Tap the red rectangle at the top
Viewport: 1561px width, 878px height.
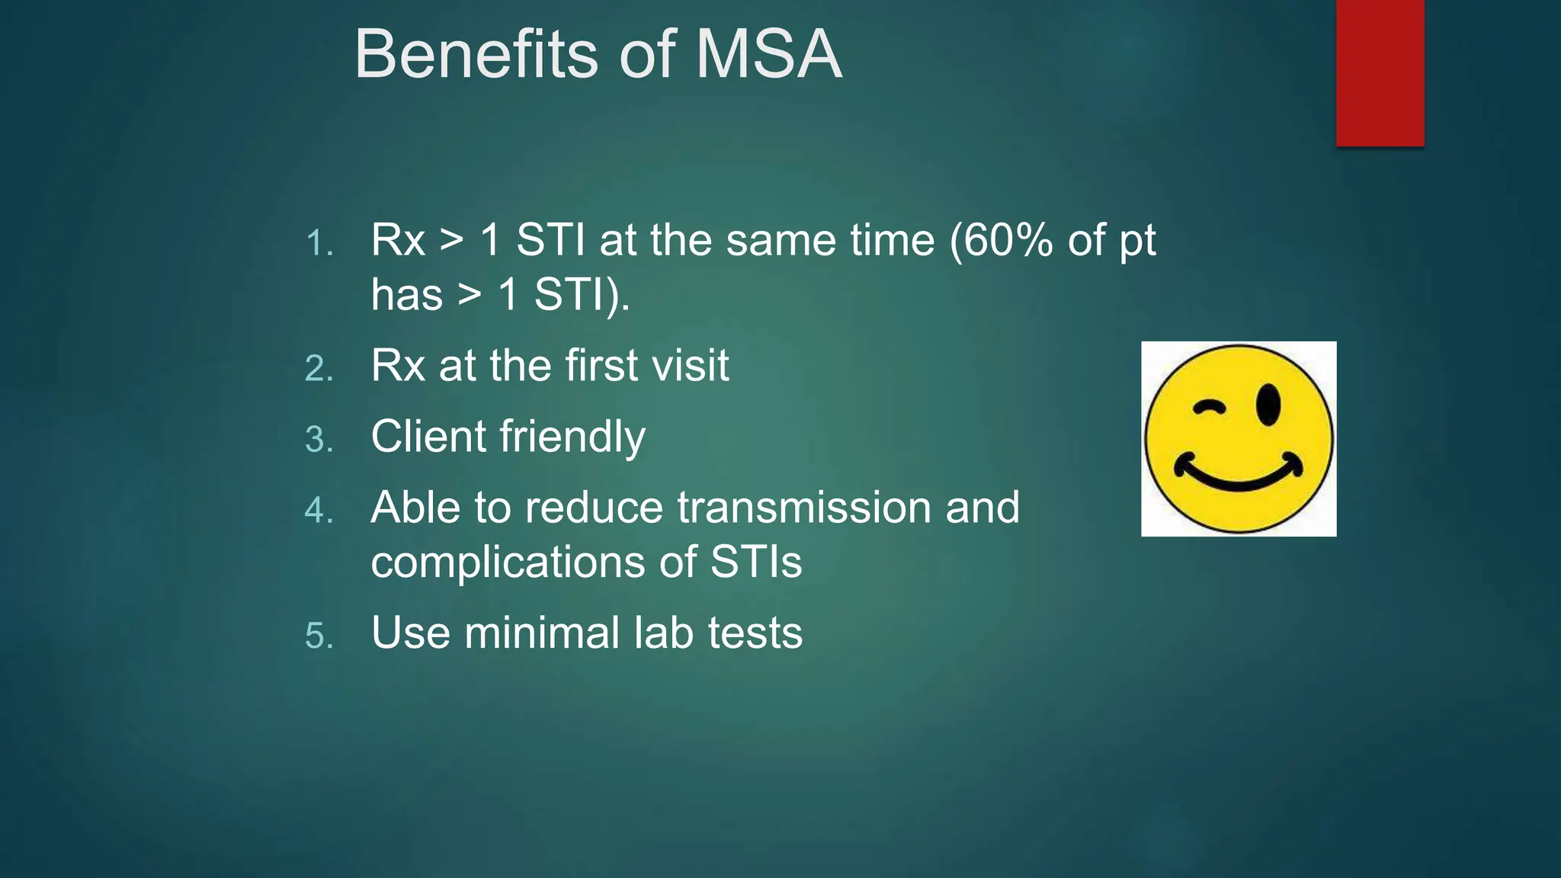coord(1380,72)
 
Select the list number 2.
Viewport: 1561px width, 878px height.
coord(319,369)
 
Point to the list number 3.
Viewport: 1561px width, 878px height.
coord(319,440)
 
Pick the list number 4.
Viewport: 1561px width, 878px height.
coord(319,511)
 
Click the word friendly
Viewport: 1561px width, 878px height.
coord(572,437)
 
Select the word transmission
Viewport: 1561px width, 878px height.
coord(803,508)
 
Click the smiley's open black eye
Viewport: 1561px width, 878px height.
coord(1268,405)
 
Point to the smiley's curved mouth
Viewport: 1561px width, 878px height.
coord(1238,476)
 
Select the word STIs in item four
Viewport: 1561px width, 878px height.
coord(755,562)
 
